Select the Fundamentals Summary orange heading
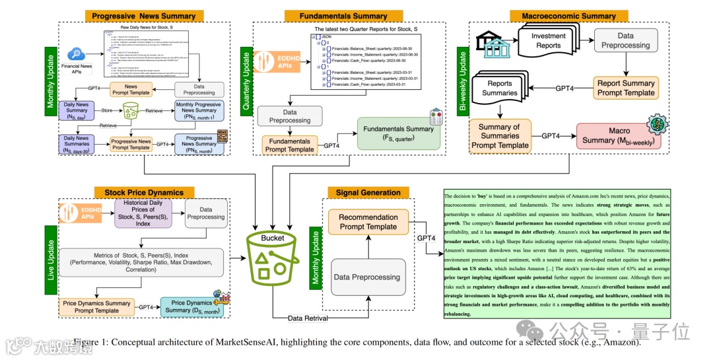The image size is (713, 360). (x=352, y=16)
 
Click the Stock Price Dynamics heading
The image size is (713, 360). (x=144, y=193)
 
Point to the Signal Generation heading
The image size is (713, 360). (x=368, y=193)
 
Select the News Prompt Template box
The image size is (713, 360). (x=131, y=89)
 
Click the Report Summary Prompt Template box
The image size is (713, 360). (x=625, y=88)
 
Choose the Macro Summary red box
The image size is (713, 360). (x=619, y=136)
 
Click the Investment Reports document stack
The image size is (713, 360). (x=548, y=41)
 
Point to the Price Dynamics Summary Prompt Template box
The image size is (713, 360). (x=96, y=306)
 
